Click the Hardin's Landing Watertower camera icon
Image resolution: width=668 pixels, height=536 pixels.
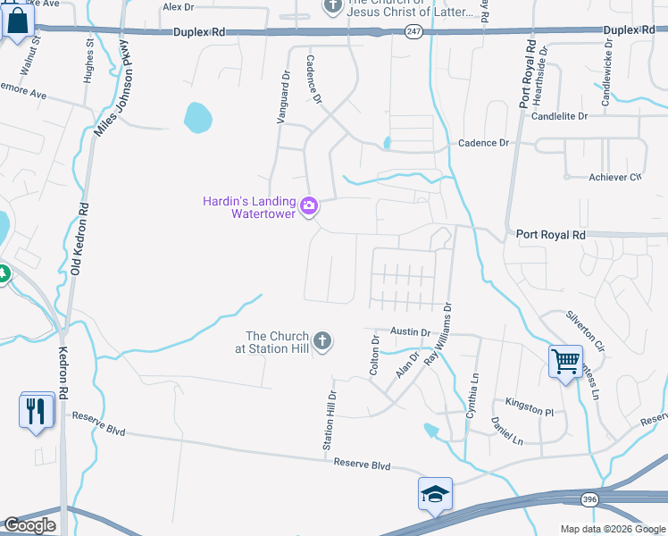point(309,206)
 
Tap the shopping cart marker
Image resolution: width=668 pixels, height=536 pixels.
point(564,362)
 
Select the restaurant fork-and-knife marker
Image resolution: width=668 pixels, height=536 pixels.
point(36,410)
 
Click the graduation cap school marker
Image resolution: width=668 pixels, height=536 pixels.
point(435,494)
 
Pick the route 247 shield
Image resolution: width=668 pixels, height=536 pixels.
point(413,30)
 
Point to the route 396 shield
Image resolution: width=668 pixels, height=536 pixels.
point(588,498)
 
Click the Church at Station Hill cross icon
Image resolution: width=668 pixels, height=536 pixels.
point(322,341)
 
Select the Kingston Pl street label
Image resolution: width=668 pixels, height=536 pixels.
point(530,406)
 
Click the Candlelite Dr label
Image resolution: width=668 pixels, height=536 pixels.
point(560,116)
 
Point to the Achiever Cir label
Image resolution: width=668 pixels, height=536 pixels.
point(615,177)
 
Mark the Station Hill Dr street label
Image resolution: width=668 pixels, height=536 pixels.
point(330,419)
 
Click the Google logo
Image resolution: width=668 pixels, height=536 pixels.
point(29,525)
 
